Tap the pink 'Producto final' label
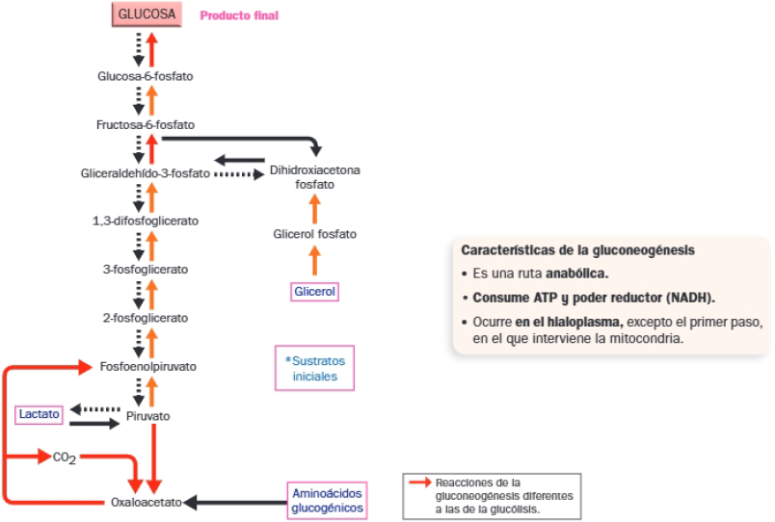[239, 16]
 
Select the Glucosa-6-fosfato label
[146, 75]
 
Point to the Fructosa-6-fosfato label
[146, 124]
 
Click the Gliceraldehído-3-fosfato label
[145, 173]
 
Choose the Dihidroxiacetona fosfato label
[314, 176]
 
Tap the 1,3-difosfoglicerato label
[146, 221]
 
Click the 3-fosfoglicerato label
[146, 269]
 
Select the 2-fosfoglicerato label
[146, 317]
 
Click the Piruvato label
[147, 416]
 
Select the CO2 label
[65, 457]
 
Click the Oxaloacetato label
[146, 502]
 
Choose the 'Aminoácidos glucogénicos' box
[327, 500]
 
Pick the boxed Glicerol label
[315, 290]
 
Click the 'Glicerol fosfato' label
[314, 234]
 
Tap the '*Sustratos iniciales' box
[314, 368]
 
